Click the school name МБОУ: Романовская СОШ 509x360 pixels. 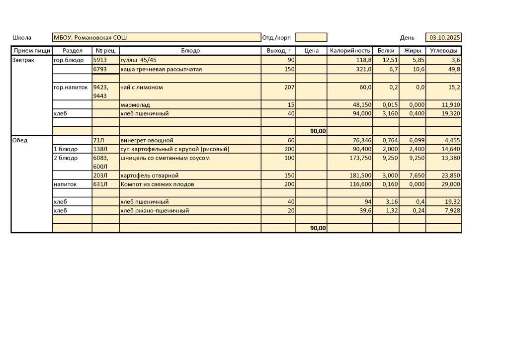pos(90,38)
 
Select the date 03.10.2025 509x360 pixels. pos(444,38)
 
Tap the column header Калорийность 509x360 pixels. pos(350,51)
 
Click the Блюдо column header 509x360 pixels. pos(190,51)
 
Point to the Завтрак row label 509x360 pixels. pos(23,60)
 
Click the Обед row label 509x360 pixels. pos(20,140)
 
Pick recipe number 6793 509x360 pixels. pos(100,69)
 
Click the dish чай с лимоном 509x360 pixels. pos(142,88)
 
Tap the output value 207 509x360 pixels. pos(289,88)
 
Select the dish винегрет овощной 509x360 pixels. pos(147,140)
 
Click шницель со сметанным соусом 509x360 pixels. pos(165,158)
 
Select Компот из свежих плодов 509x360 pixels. pos(157,184)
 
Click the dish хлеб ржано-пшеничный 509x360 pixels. pos(155,210)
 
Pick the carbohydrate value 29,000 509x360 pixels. pos(448,184)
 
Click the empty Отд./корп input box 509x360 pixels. pos(311,38)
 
